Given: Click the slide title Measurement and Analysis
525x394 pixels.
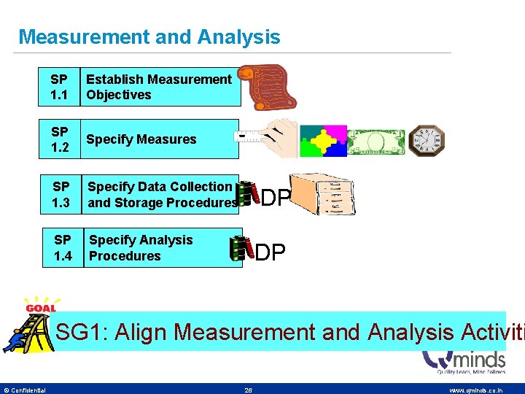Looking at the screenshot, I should pos(149,36).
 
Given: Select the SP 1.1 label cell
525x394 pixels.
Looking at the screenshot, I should pos(60,87).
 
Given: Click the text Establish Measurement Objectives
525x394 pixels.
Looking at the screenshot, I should pos(159,87).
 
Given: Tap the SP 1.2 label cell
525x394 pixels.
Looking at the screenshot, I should pos(60,139).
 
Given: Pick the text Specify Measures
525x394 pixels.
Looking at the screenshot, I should pos(141,139).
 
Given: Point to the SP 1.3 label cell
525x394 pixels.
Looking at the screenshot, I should pos(61,194).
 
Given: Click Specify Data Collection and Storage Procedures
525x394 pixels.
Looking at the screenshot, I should pos(162,194).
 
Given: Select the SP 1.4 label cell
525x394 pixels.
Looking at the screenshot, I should pos(63,248).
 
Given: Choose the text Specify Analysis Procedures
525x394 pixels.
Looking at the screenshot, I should pos(141,248).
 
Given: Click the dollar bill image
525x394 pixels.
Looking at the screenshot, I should pos(375,139).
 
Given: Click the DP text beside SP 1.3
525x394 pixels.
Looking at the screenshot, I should pos(276,198).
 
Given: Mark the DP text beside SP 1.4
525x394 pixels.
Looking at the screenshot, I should pos(270,252).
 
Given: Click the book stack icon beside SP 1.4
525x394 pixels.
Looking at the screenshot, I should pos(238,248).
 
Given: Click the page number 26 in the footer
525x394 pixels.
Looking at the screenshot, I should pos(249,390).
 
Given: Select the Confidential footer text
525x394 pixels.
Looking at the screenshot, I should pos(25,390).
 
